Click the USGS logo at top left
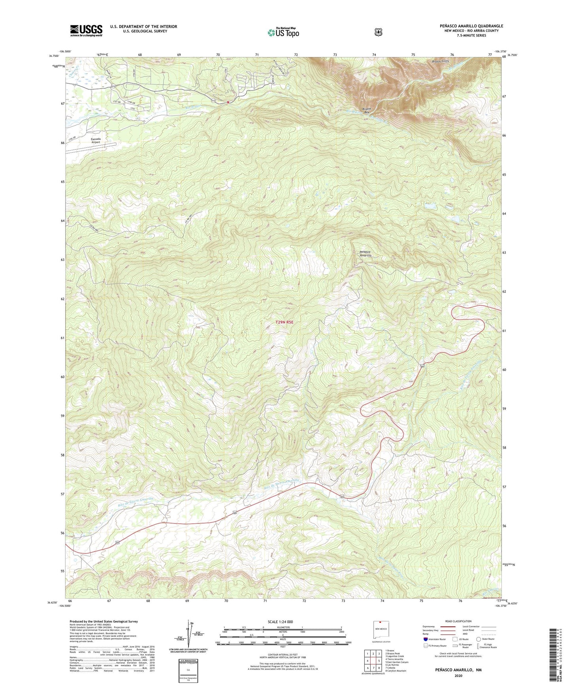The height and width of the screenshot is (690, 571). [x=86, y=30]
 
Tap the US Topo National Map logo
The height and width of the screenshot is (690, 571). [x=283, y=32]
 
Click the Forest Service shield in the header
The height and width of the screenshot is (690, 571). [x=378, y=32]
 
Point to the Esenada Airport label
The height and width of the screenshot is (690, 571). [x=96, y=140]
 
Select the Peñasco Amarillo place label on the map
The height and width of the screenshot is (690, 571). [x=365, y=253]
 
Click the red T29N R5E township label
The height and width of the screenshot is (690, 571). [x=285, y=322]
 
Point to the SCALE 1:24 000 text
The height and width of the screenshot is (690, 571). [x=280, y=622]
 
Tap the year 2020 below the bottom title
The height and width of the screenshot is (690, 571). [x=458, y=675]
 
